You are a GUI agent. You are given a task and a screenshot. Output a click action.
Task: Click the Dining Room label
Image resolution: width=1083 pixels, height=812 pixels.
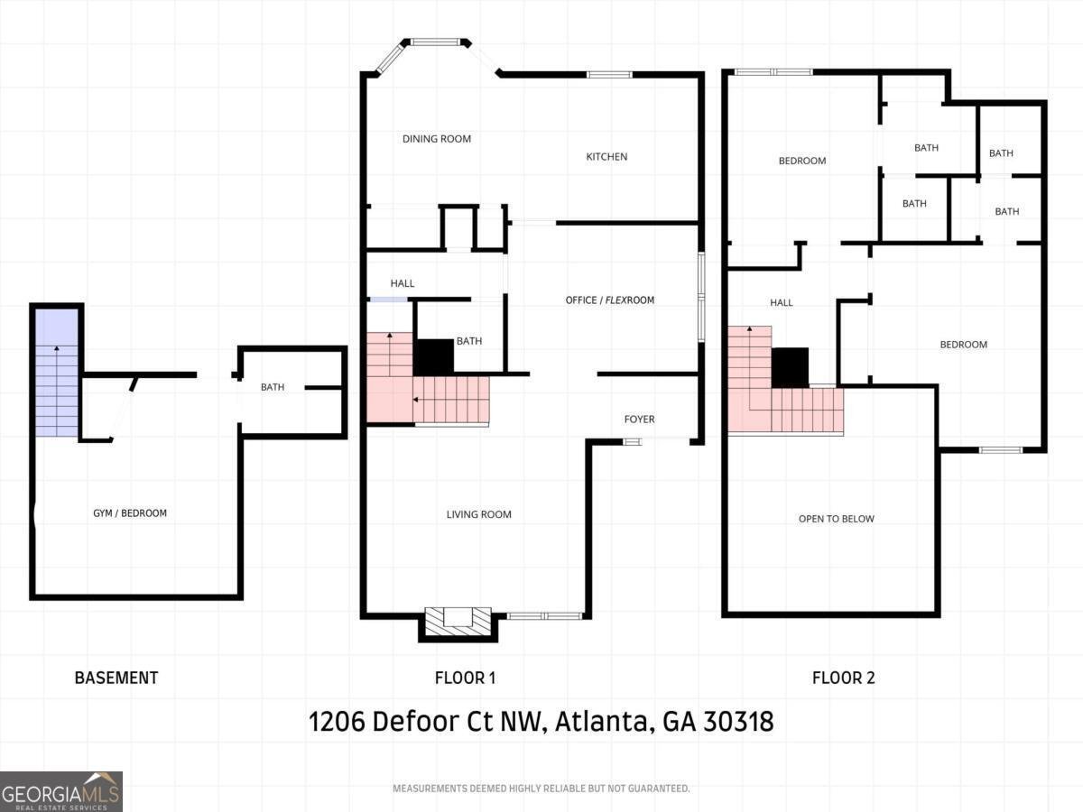(x=437, y=139)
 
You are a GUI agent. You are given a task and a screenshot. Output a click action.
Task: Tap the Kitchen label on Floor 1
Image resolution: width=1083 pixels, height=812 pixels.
(x=606, y=157)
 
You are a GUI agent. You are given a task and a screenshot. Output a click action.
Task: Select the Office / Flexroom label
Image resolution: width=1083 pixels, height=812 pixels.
(x=610, y=300)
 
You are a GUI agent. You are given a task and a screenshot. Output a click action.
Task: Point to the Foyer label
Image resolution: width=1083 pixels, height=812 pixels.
(x=639, y=420)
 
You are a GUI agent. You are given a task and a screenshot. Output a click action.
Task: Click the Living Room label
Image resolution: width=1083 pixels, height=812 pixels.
(x=478, y=515)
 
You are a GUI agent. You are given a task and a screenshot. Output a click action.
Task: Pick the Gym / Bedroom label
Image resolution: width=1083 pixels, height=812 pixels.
(x=130, y=513)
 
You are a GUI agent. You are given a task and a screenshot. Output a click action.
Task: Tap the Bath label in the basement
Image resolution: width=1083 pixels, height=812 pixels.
(x=273, y=388)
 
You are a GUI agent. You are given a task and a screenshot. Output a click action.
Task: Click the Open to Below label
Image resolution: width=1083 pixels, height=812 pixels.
(x=836, y=519)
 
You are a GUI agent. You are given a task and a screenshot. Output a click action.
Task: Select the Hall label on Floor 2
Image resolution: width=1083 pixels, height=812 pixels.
(x=782, y=303)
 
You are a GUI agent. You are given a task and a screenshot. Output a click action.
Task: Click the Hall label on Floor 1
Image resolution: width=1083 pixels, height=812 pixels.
(x=403, y=284)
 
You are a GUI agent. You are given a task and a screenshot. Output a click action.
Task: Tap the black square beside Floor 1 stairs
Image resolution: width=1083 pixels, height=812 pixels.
(x=433, y=356)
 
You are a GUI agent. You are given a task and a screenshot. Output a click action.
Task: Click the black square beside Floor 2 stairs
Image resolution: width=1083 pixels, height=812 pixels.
(x=791, y=367)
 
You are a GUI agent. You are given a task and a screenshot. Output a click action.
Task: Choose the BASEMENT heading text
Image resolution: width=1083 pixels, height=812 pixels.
(x=116, y=678)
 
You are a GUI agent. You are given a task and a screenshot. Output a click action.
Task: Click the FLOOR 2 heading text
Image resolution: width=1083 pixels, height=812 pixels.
(x=843, y=678)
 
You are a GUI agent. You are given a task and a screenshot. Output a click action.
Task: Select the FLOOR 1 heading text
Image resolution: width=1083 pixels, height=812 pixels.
(x=465, y=678)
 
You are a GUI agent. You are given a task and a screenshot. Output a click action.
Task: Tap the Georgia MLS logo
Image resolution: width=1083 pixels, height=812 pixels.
(x=61, y=791)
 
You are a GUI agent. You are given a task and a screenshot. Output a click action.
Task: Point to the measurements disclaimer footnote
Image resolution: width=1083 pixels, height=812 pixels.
(x=541, y=789)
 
